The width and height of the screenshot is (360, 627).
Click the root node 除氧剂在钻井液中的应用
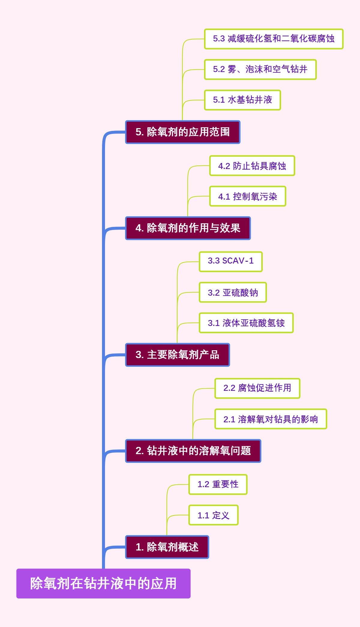103,583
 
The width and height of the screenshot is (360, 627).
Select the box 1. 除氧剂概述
167,547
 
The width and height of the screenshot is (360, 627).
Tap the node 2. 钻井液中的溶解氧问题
193,451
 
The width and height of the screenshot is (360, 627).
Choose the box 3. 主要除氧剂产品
178,354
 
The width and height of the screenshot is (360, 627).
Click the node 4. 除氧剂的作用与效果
188,228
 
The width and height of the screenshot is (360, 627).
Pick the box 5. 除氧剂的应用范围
183,132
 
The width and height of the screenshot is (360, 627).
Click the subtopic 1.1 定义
213,515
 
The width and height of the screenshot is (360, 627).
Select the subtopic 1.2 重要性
218,484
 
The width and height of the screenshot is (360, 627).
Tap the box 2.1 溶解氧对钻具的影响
271,419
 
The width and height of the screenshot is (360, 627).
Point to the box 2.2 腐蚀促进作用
257,388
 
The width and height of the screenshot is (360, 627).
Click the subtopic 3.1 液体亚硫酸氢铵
246,323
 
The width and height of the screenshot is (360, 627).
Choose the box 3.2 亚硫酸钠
233,292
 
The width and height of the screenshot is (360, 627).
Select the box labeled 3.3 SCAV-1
231,261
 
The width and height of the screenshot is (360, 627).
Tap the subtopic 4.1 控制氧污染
248,196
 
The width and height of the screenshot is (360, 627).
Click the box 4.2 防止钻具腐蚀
252,166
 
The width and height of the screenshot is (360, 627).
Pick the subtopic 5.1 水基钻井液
242,100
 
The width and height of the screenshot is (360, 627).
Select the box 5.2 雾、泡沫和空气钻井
260,69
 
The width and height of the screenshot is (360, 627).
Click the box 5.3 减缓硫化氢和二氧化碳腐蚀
274,39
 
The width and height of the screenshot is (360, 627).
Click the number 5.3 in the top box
219,39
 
